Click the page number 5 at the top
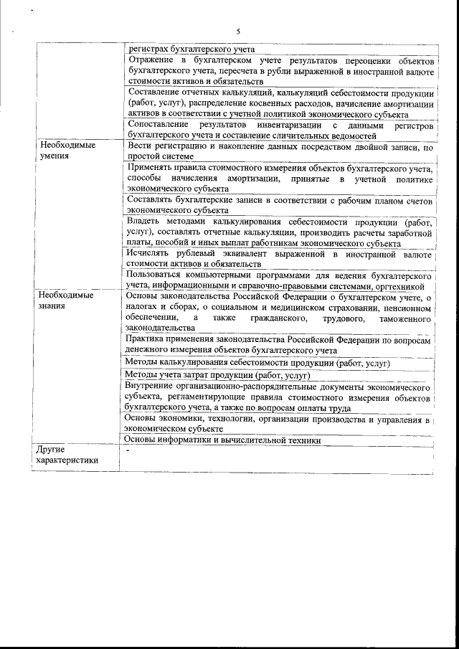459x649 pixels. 237,31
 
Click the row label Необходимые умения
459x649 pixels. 67,150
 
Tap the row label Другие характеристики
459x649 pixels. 67,455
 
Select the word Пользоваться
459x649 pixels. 157,275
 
